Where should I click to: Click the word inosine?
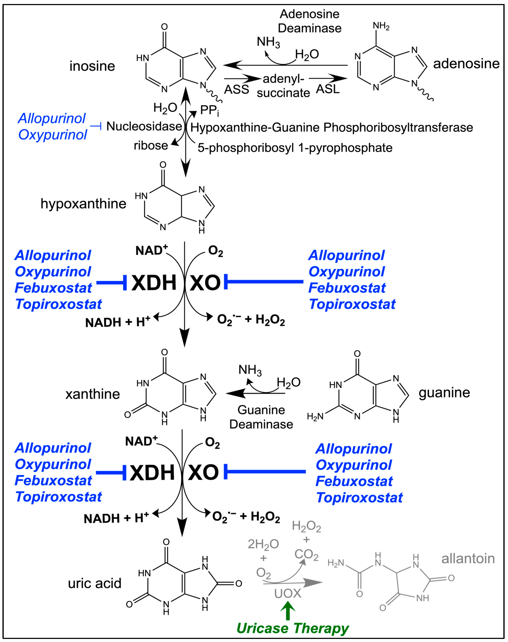point(92,66)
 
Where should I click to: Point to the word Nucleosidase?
point(144,126)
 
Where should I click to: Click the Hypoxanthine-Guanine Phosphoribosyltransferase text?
point(332,128)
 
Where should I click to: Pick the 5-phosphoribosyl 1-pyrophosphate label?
point(295,148)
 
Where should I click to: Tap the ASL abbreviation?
point(327,89)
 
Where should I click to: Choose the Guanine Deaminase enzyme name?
point(261,417)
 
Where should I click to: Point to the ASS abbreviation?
point(236,89)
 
